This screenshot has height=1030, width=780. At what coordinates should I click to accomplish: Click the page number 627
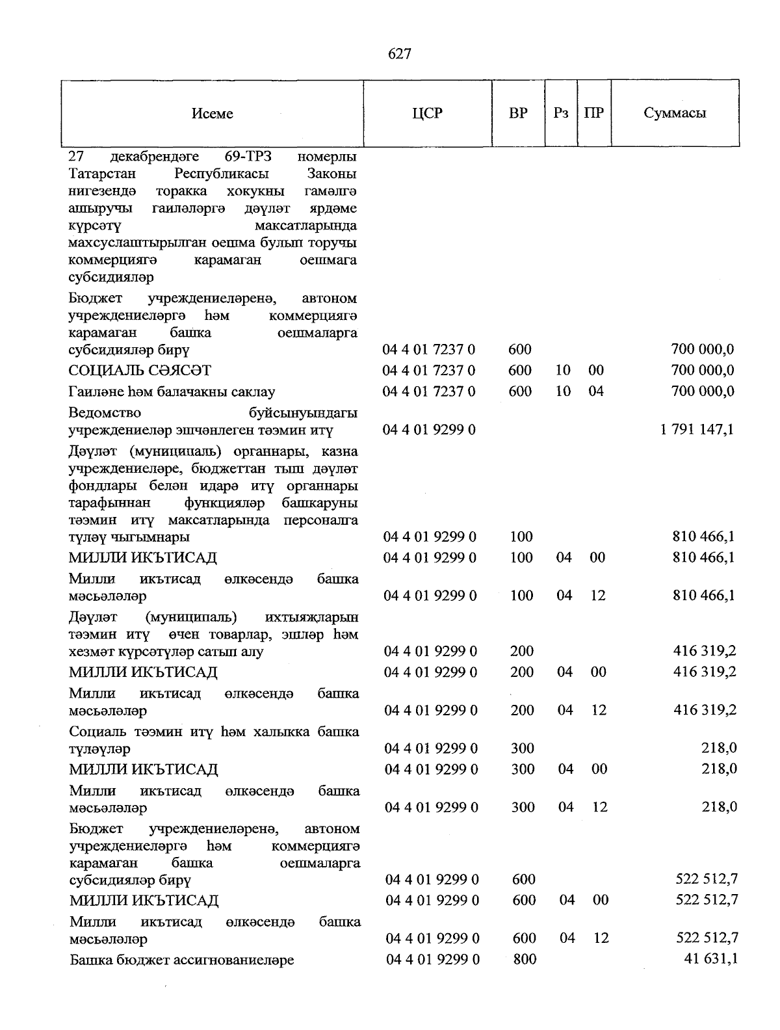399,54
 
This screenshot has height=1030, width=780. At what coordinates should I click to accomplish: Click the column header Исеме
212,114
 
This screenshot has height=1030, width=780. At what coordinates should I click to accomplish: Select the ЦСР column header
427,113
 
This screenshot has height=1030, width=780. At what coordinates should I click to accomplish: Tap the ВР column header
518,113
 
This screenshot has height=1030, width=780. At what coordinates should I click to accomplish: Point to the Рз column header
561,113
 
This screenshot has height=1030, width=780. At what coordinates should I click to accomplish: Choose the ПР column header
593,113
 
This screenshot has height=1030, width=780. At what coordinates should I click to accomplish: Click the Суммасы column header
675,113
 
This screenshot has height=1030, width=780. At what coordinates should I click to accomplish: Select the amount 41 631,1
707,958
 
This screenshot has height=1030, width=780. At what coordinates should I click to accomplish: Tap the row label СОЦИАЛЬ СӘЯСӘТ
140,371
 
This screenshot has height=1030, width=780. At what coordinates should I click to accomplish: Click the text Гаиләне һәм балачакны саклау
172,392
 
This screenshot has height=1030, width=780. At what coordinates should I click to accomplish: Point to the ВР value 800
525,959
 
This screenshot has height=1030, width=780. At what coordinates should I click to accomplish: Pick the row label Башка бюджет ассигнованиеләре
182,960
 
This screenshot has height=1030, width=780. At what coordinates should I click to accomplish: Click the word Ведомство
104,413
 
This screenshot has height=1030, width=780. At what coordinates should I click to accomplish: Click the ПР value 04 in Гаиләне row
595,391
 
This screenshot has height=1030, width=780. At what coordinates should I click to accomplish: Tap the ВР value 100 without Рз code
521,537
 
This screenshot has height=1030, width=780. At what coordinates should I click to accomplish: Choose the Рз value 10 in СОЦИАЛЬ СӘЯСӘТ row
563,371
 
